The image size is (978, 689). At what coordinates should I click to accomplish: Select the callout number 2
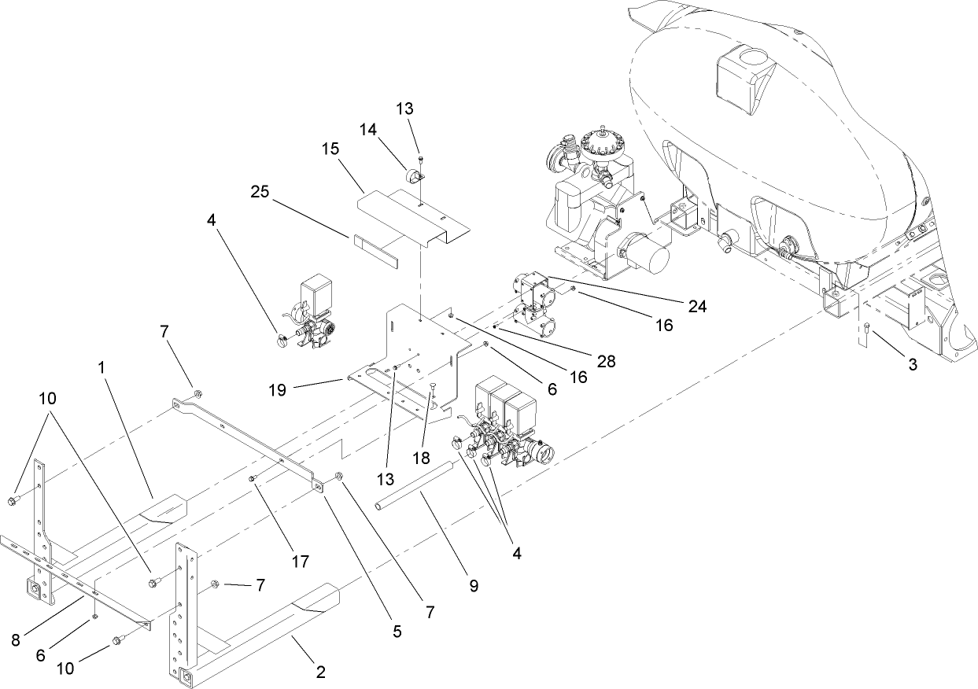pos(319,672)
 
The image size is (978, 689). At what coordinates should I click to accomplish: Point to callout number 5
pos(397,630)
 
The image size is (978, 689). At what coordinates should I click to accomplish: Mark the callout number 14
pos(369,128)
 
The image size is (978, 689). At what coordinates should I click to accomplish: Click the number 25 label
pos(261,191)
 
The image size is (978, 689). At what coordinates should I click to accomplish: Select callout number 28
pos(605,361)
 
